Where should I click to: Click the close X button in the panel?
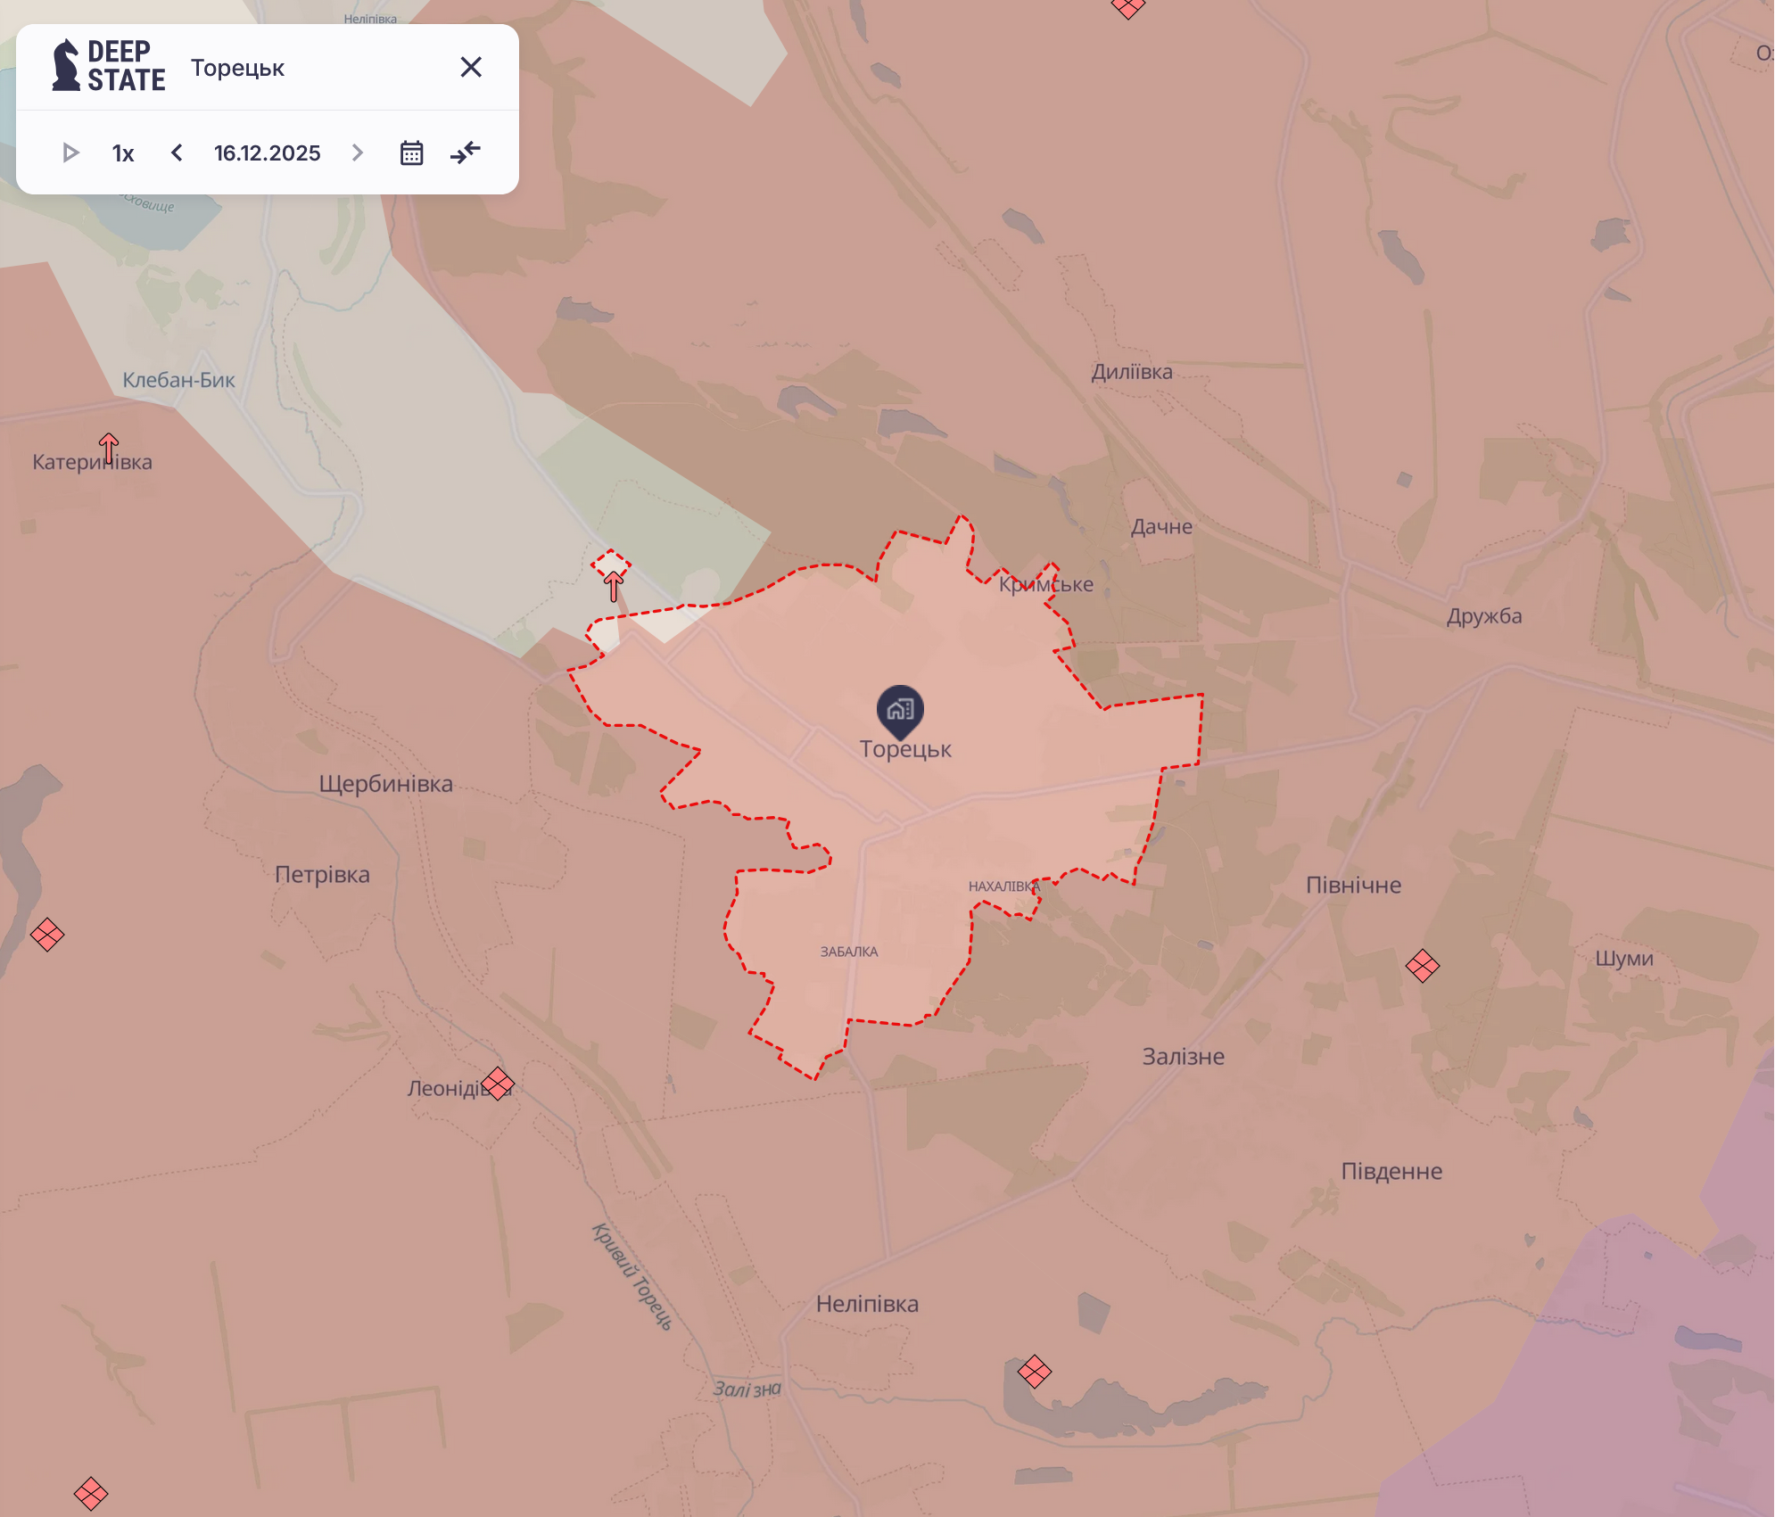coord(471,67)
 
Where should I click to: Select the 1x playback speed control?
coord(123,153)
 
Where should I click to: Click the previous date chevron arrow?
coord(177,153)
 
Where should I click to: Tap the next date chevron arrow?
coord(358,153)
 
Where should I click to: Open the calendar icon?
coord(411,153)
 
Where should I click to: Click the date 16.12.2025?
coord(267,153)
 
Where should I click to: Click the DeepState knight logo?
coord(66,66)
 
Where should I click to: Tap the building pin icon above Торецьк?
coord(900,710)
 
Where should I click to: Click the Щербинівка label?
coord(385,784)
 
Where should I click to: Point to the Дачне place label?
coord(1161,526)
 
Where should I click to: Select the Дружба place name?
coord(1484,616)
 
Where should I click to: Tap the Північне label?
coord(1353,885)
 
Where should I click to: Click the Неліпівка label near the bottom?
coord(867,1304)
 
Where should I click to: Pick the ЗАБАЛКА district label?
coord(849,952)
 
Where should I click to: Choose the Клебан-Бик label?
coord(178,380)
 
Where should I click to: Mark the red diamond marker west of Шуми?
coord(1422,965)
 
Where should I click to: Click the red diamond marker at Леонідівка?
coord(498,1084)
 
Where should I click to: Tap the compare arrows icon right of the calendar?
coord(466,153)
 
